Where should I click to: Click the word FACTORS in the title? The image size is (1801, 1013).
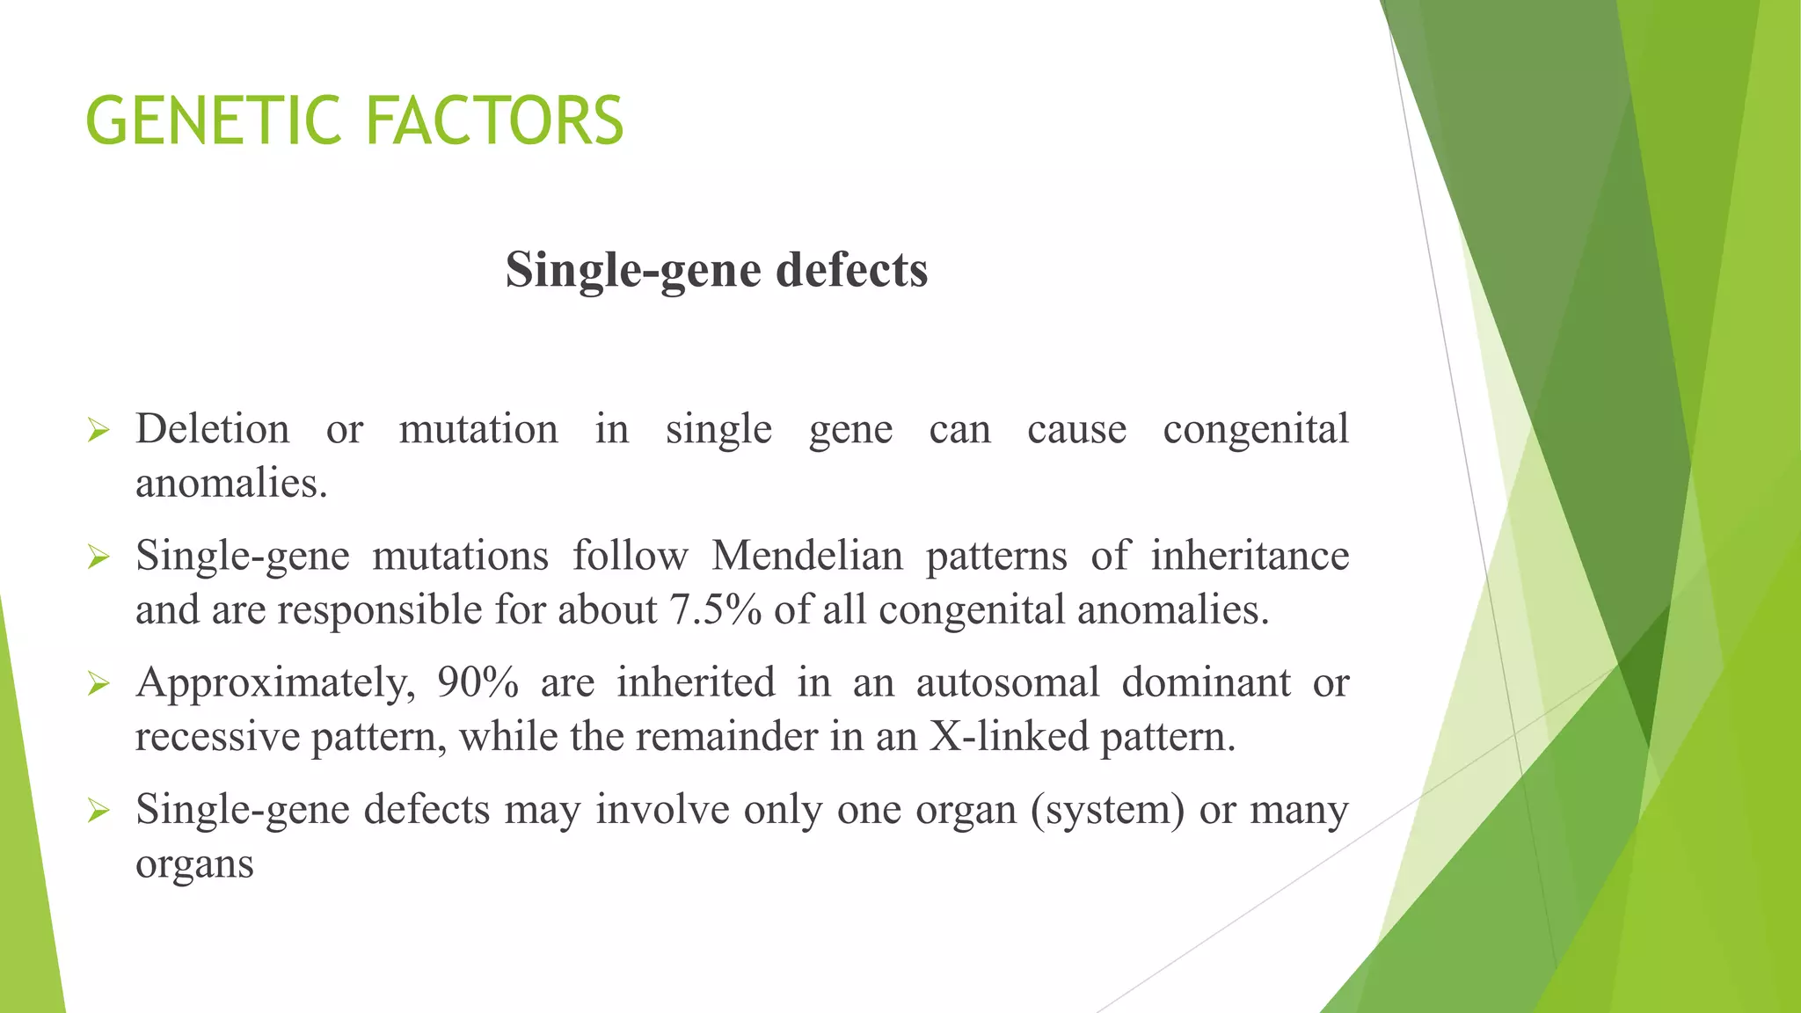click(x=494, y=120)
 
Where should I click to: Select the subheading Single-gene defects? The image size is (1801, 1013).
click(x=717, y=269)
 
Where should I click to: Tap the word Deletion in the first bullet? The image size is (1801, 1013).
click(x=212, y=429)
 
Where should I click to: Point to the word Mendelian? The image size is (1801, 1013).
click(x=807, y=556)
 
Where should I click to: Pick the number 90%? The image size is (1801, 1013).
click(x=478, y=682)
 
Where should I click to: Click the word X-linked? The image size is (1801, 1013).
click(x=1009, y=737)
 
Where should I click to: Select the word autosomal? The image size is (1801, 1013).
click(x=1008, y=682)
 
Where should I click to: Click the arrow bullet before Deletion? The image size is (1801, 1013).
click(x=98, y=431)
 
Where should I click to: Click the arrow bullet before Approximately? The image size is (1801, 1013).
click(x=98, y=684)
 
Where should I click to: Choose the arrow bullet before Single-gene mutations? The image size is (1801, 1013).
click(x=98, y=558)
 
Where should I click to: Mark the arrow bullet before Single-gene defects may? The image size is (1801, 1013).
click(x=98, y=811)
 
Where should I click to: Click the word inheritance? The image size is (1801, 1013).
click(x=1250, y=556)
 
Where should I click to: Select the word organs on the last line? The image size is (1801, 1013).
click(x=194, y=864)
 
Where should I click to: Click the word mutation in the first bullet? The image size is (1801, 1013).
click(x=478, y=429)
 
